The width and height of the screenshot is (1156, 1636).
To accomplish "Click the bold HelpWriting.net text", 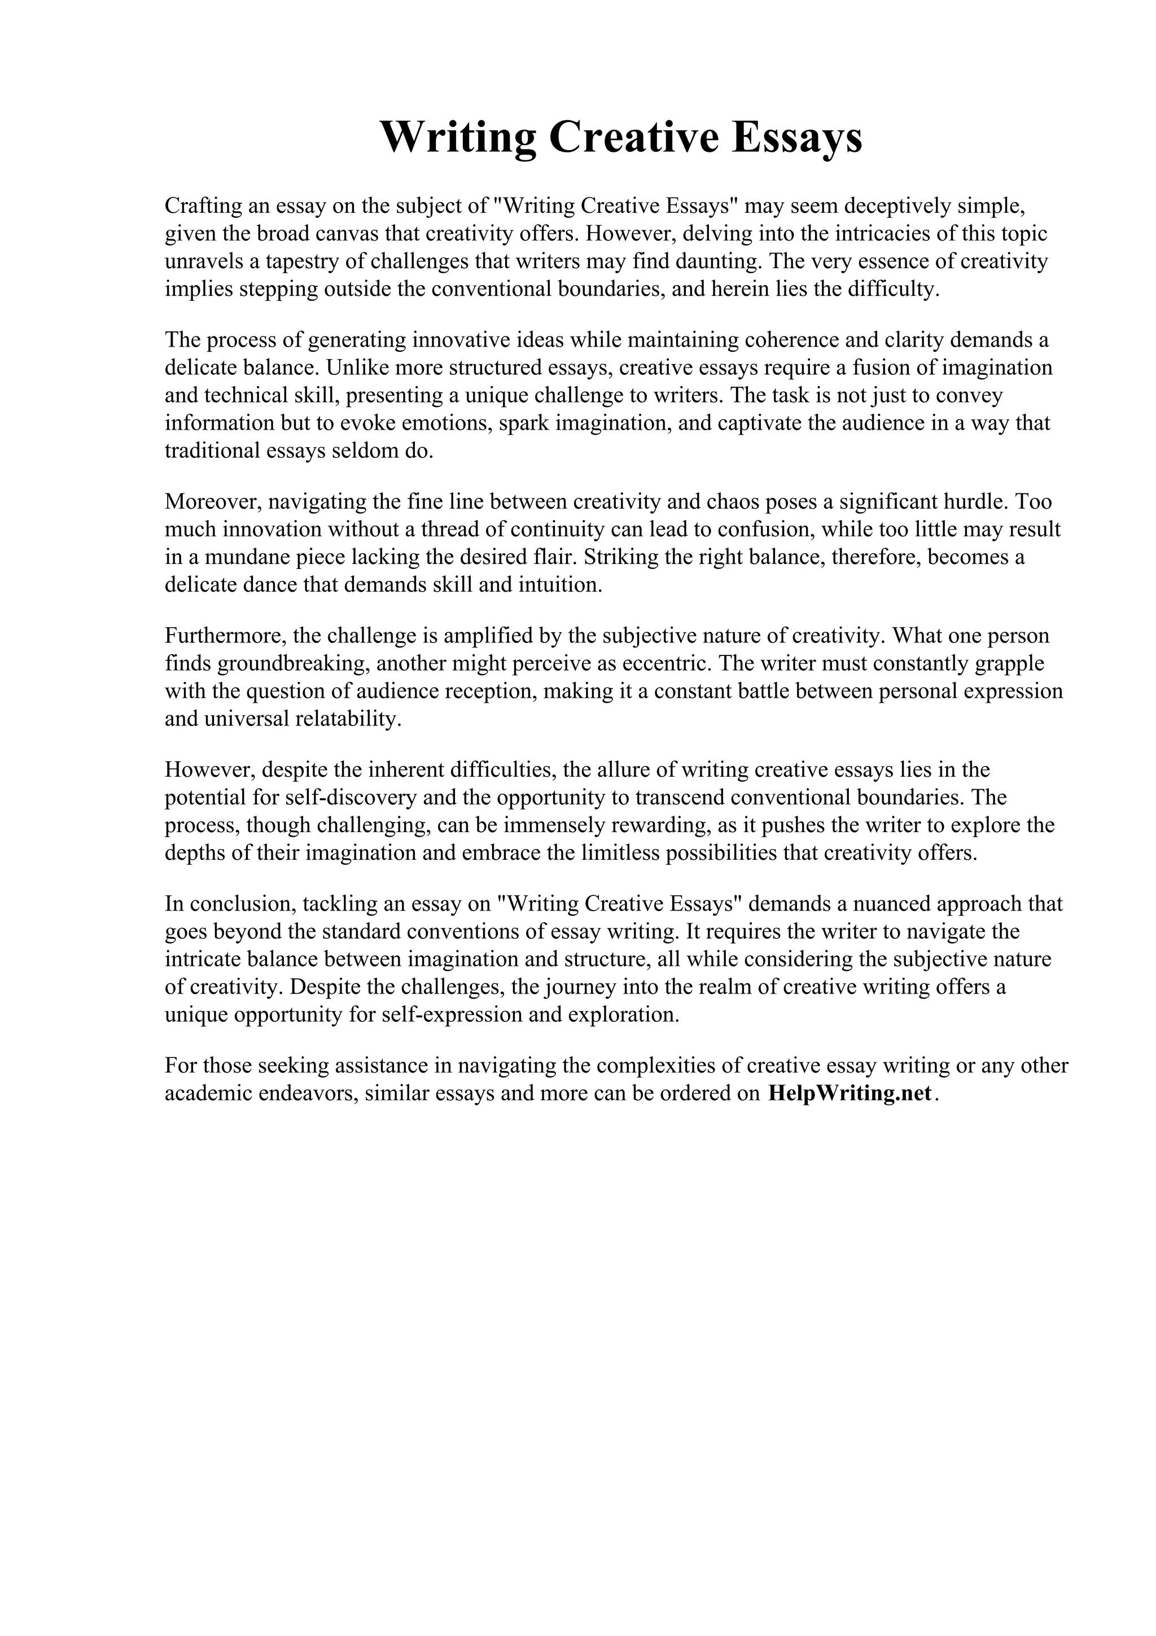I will [850, 1093].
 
